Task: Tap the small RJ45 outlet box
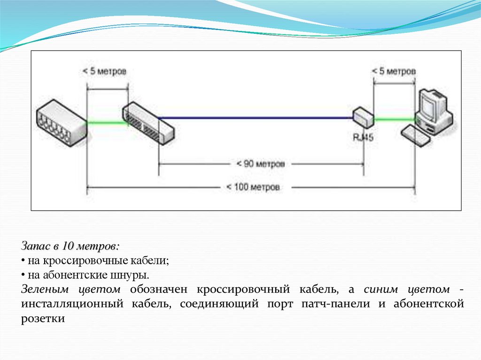click(363, 117)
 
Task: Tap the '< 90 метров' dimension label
click(261, 164)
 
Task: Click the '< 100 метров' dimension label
click(253, 187)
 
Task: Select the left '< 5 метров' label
click(104, 71)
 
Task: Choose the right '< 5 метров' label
click(394, 71)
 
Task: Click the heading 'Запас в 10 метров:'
click(70, 246)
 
